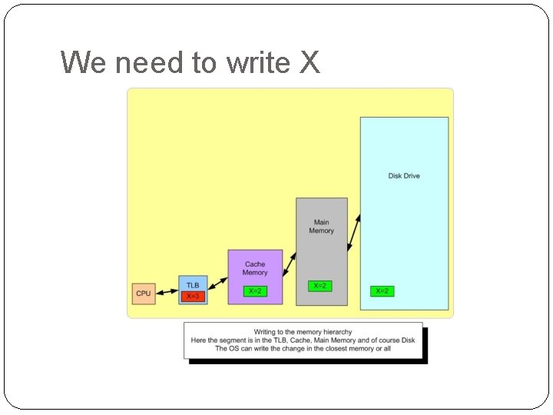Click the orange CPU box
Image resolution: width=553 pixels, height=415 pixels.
[144, 293]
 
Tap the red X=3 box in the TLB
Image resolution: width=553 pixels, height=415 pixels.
[193, 297]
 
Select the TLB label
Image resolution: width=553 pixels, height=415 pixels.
[193, 285]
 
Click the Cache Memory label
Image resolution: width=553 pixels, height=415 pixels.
[255, 268]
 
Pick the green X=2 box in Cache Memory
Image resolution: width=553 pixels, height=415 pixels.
[255, 291]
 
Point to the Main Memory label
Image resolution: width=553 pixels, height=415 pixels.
[322, 227]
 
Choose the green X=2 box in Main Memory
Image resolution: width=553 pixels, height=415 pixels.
[320, 286]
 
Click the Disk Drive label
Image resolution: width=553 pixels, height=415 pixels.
[404, 176]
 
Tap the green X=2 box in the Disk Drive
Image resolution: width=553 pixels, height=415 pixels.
[382, 291]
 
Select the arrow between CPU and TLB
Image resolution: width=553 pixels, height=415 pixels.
[167, 293]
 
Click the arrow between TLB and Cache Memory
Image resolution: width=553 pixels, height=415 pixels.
[217, 284]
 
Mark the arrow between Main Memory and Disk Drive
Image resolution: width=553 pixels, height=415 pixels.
[354, 232]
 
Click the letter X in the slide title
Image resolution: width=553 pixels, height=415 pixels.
[309, 62]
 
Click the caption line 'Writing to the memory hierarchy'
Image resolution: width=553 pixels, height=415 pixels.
[303, 332]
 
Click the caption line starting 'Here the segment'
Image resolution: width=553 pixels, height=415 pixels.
[303, 340]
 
